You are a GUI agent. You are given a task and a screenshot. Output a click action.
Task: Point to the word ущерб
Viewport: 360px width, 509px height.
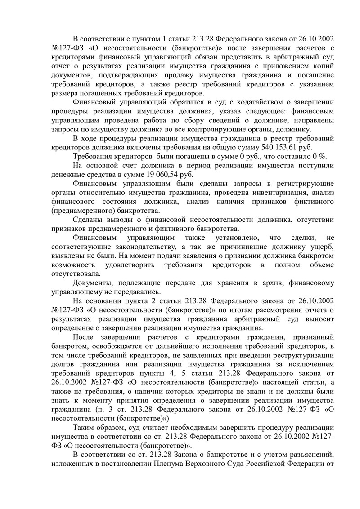coord(320,249)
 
